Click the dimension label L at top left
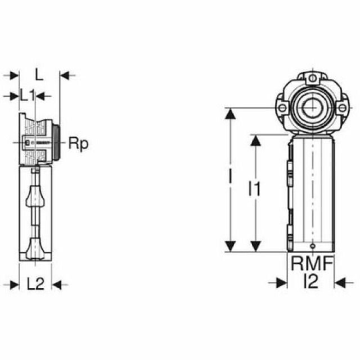(x=39, y=74)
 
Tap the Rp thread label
(x=78, y=143)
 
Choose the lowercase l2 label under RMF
(x=310, y=281)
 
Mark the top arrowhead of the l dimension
(x=229, y=113)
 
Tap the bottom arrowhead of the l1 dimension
(x=255, y=246)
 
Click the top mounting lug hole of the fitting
(x=310, y=77)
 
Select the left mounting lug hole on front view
(x=282, y=106)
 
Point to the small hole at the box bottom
(x=311, y=247)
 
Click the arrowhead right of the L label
(x=64, y=74)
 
